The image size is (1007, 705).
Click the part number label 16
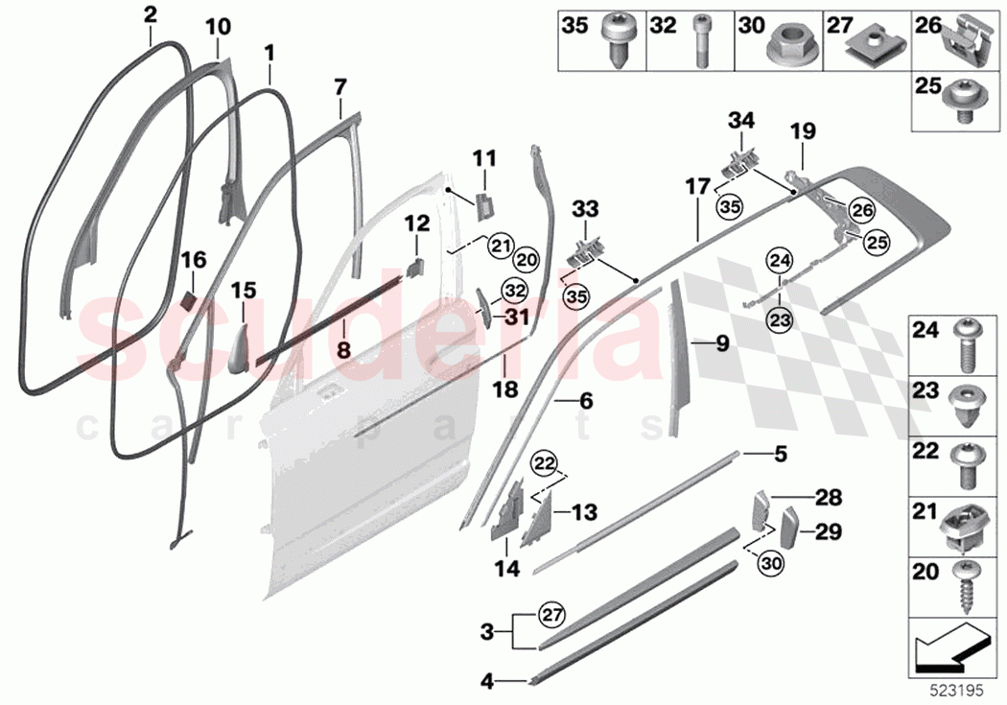click(x=194, y=260)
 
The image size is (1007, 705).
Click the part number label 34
click(x=741, y=121)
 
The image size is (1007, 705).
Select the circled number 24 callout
click(x=780, y=258)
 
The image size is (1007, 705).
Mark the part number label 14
click(x=506, y=569)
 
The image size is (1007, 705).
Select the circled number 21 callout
click(x=499, y=246)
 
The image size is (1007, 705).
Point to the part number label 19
click(x=802, y=129)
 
